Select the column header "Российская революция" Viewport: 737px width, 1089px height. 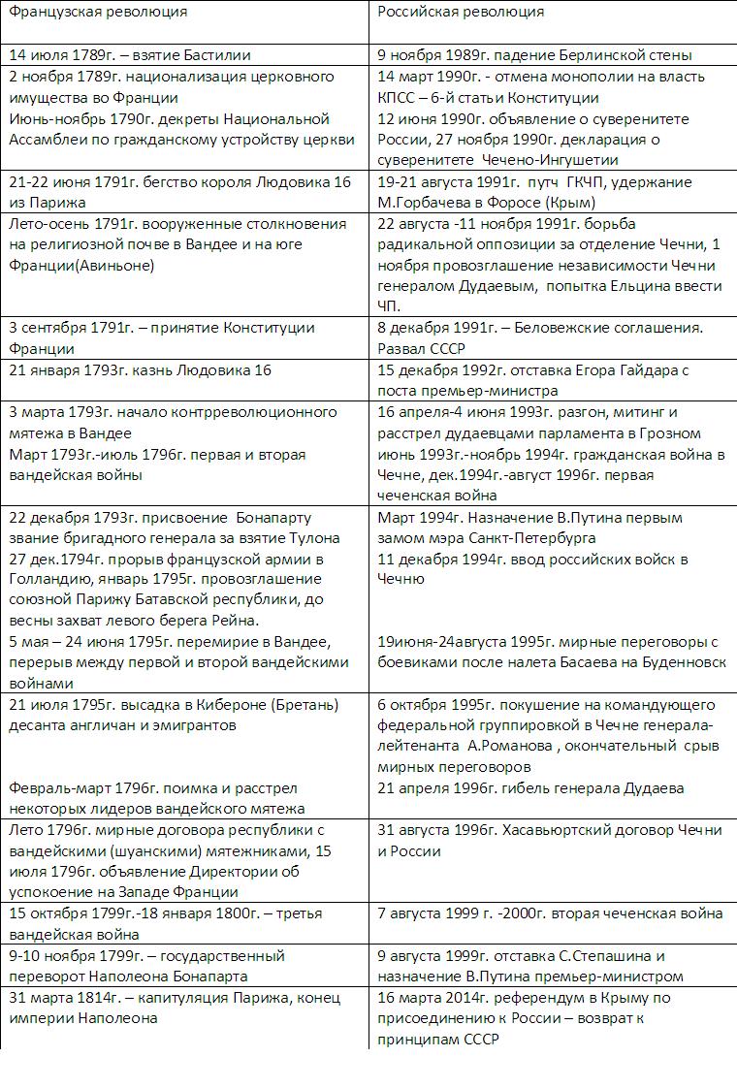461,13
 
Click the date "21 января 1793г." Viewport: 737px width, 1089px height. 75,370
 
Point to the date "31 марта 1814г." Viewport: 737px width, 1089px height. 67,998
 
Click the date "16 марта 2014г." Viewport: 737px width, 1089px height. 437,998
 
